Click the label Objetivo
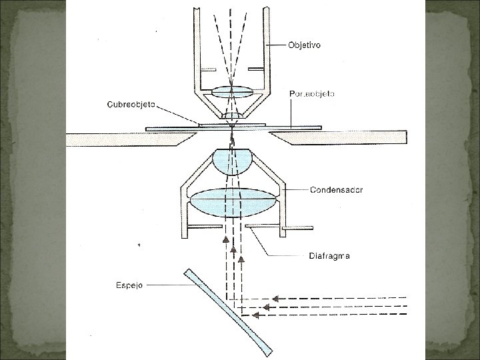[x=304, y=45]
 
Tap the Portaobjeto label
[x=313, y=94]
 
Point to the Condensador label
[x=337, y=190]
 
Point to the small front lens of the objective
[x=232, y=116]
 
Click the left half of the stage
[x=127, y=137]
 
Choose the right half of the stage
[x=340, y=137]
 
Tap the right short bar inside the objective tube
[x=257, y=69]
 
